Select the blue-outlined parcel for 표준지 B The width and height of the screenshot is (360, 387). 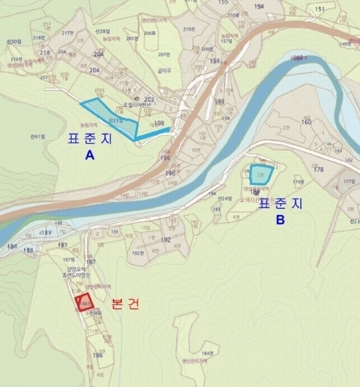pos(261,174)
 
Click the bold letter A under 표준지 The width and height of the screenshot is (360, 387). pos(89,155)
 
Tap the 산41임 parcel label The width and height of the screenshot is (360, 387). pos(38,137)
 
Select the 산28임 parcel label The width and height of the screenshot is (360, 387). pos(103,32)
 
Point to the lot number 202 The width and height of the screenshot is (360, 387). pos(149,99)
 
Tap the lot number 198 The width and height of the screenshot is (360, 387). pos(159,123)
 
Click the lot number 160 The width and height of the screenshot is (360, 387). pos(306,122)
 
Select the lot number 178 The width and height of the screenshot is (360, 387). pos(317,170)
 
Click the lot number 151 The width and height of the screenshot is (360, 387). pos(319,9)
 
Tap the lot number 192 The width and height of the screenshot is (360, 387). pos(166,239)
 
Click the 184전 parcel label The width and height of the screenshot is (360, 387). pos(206,353)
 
